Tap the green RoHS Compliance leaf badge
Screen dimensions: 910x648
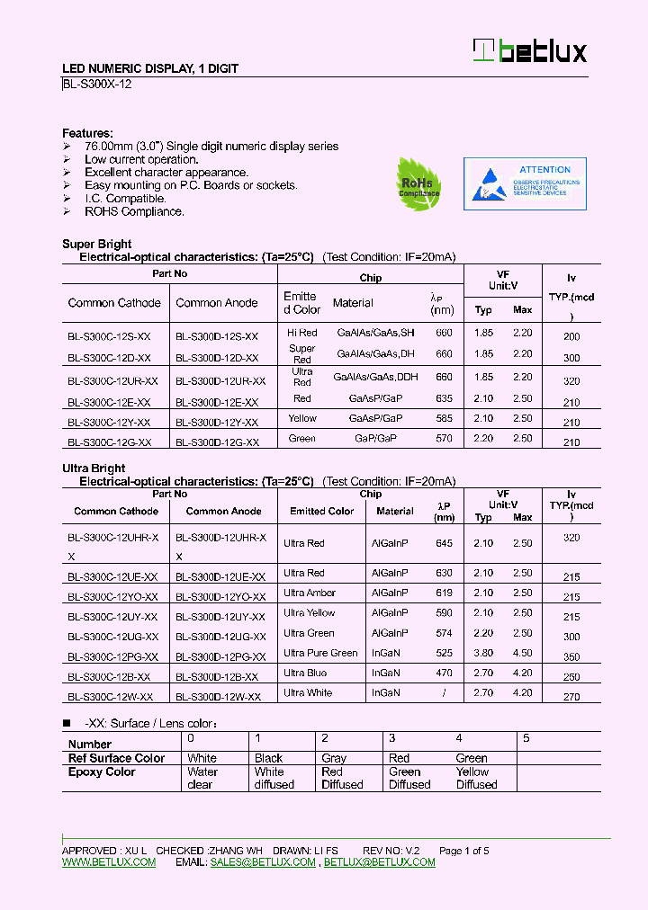(x=419, y=183)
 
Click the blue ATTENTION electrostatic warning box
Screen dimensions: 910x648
(x=524, y=183)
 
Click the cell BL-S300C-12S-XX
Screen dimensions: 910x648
(x=109, y=335)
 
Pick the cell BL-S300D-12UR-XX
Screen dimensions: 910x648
(x=220, y=381)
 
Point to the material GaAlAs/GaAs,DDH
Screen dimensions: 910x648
(x=369, y=378)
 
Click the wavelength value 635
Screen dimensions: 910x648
(x=444, y=397)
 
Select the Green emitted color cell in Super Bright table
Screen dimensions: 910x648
(x=302, y=438)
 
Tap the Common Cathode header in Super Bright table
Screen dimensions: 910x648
(x=114, y=303)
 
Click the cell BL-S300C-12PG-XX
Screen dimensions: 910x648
(x=112, y=657)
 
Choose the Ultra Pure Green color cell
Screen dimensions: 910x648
(x=320, y=653)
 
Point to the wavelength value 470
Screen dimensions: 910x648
(x=444, y=673)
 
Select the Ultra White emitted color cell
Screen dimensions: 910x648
(x=308, y=692)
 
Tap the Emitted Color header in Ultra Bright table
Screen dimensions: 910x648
(x=321, y=511)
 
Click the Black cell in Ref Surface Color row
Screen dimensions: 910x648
(x=268, y=758)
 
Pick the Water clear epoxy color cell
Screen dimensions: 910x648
(x=202, y=778)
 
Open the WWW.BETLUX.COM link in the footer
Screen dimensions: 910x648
(x=109, y=861)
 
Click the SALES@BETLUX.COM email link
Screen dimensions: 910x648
(x=263, y=861)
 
